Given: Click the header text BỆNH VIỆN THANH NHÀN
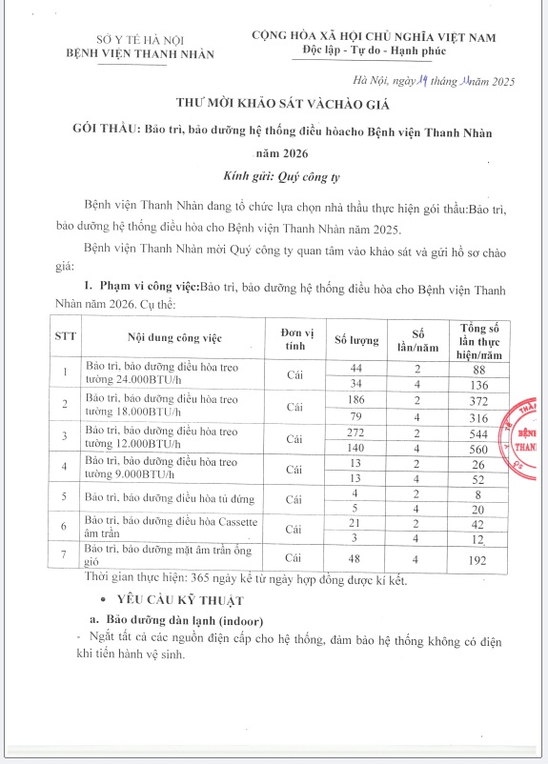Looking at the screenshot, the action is pyautogui.click(x=145, y=54).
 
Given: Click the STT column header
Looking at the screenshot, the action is pyautogui.click(x=64, y=338).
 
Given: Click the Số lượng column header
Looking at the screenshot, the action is pyautogui.click(x=357, y=339).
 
